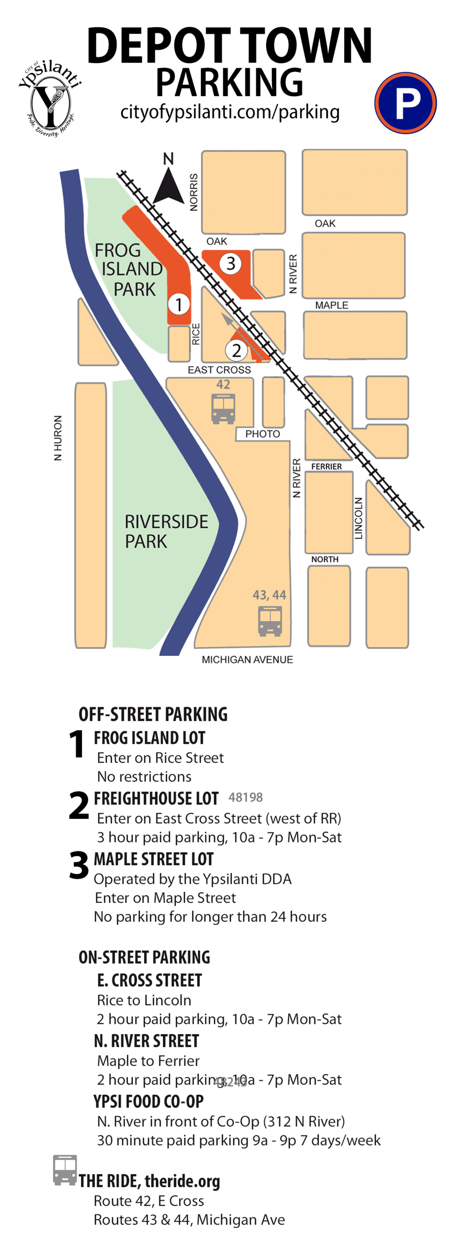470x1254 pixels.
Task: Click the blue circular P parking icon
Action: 405,103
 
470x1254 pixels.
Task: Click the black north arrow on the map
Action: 168,186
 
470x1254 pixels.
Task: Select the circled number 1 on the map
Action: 178,304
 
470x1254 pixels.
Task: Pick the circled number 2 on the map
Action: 236,350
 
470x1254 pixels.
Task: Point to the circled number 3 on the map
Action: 230,263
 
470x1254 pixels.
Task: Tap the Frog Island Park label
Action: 128,269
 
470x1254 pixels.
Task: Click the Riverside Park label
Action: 165,531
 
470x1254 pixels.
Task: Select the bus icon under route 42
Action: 223,409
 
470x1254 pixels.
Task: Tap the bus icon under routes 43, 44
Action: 269,621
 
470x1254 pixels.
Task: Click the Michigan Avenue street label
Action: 247,660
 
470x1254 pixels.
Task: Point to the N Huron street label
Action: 58,437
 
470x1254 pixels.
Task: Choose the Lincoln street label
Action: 359,518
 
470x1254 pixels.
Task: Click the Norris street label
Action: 194,192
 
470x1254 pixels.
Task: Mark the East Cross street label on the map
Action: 219,370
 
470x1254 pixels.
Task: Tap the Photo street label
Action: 262,434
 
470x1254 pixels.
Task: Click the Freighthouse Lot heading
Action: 156,799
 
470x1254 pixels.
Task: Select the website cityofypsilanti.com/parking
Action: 229,112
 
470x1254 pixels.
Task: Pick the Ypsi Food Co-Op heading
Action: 148,1101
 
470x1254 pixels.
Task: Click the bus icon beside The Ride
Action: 65,1170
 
